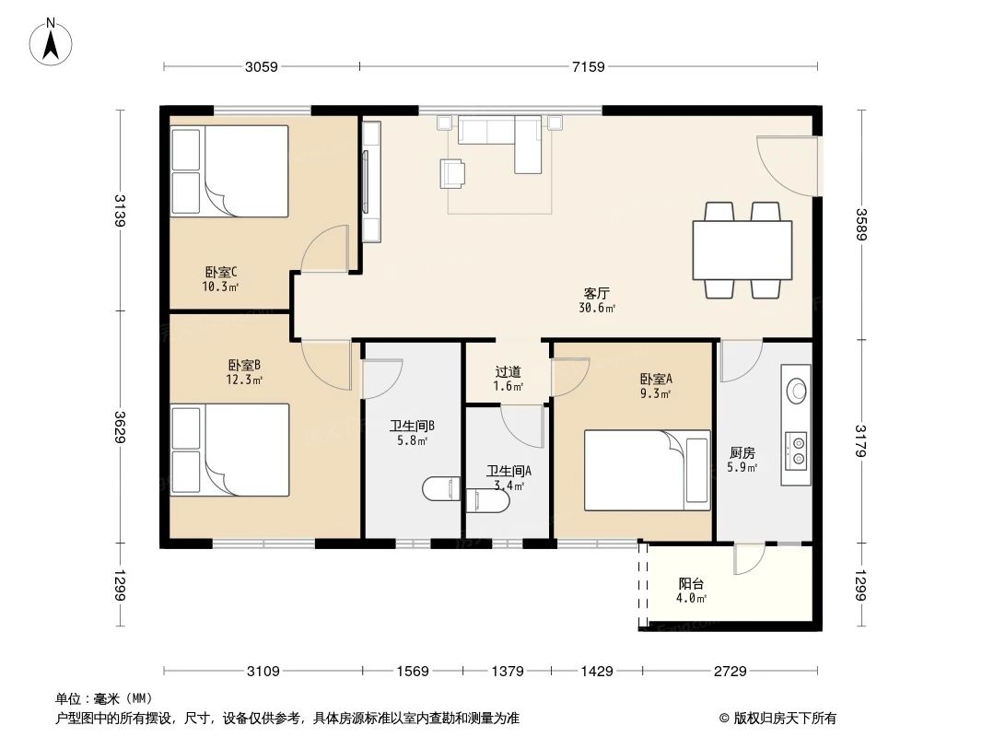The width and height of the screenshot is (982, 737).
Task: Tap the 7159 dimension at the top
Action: click(x=588, y=66)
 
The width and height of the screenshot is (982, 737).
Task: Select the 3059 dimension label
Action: click(x=262, y=66)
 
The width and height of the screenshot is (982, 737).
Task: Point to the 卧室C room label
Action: click(x=221, y=272)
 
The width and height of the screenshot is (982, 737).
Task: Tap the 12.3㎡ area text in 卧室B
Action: click(x=245, y=380)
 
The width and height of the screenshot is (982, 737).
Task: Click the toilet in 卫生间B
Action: click(x=440, y=488)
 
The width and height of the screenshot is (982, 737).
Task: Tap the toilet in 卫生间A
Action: click(x=488, y=500)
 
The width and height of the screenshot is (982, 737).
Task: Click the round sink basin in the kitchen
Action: click(x=796, y=389)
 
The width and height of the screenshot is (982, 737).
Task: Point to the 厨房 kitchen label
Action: click(x=742, y=452)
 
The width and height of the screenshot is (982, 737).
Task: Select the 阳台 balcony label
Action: click(x=692, y=583)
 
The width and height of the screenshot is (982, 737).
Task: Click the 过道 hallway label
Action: click(x=508, y=371)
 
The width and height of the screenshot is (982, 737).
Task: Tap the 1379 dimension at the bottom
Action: click(x=509, y=672)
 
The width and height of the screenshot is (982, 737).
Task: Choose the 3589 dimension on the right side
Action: click(x=861, y=225)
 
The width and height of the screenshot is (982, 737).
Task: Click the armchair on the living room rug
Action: click(x=452, y=172)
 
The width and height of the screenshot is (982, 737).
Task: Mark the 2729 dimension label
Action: click(x=729, y=672)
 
